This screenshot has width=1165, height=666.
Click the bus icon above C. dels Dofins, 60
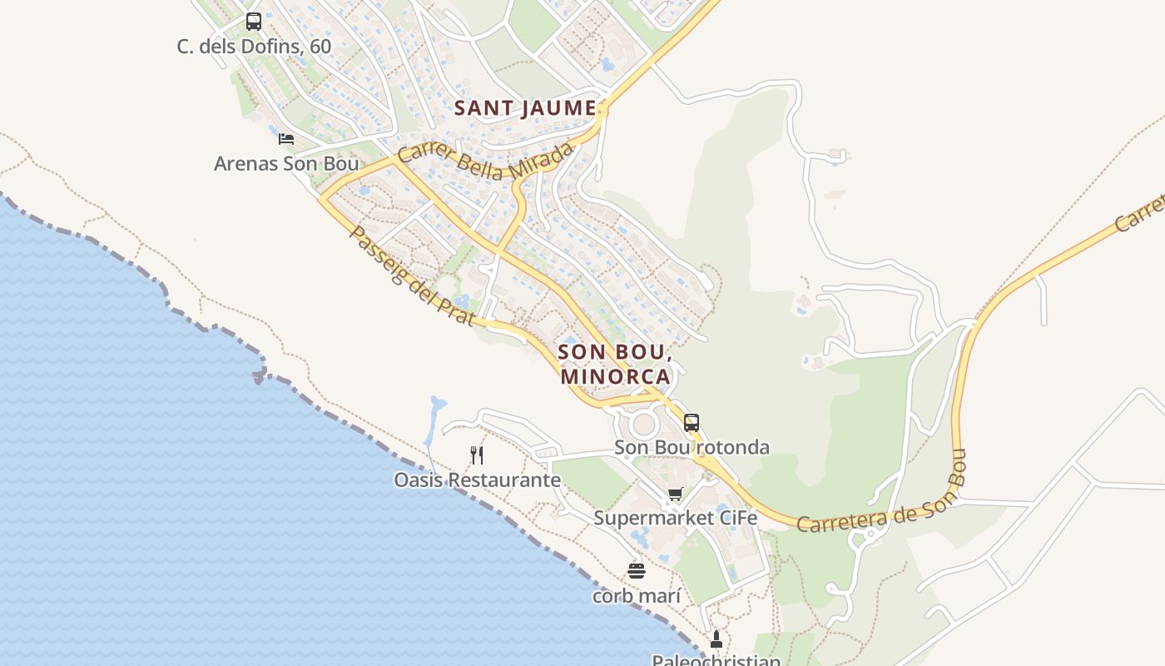(254, 22)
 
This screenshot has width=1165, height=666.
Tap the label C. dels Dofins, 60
(254, 47)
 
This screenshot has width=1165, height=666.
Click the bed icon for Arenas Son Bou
(286, 138)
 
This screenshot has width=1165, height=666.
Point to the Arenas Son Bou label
(286, 163)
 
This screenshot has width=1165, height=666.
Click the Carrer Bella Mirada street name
(486, 161)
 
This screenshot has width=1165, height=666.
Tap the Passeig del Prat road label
(411, 276)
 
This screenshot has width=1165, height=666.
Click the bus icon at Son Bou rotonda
(692, 422)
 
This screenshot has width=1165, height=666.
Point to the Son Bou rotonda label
(692, 447)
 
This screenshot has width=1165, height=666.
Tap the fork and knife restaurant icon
(477, 455)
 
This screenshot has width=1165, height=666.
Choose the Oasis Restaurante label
(477, 480)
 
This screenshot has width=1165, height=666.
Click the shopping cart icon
(675, 494)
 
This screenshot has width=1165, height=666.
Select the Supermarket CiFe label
(675, 518)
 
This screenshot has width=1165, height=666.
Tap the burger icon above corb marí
(637, 571)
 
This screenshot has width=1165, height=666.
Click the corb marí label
(637, 596)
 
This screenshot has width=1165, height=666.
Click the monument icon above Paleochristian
(716, 639)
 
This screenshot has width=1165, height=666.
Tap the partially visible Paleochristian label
(716, 660)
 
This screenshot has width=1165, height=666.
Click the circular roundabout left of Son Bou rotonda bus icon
(645, 425)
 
